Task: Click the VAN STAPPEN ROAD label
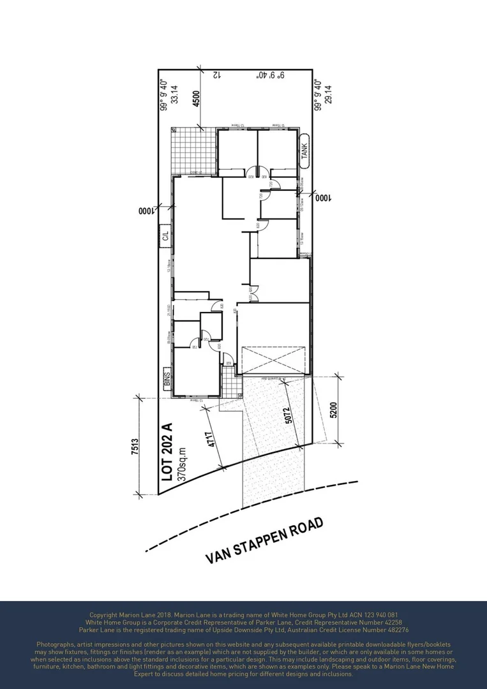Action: [264, 540]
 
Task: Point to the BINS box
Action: [168, 381]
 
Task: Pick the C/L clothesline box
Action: [165, 236]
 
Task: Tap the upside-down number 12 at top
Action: [216, 75]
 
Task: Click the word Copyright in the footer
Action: [104, 615]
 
